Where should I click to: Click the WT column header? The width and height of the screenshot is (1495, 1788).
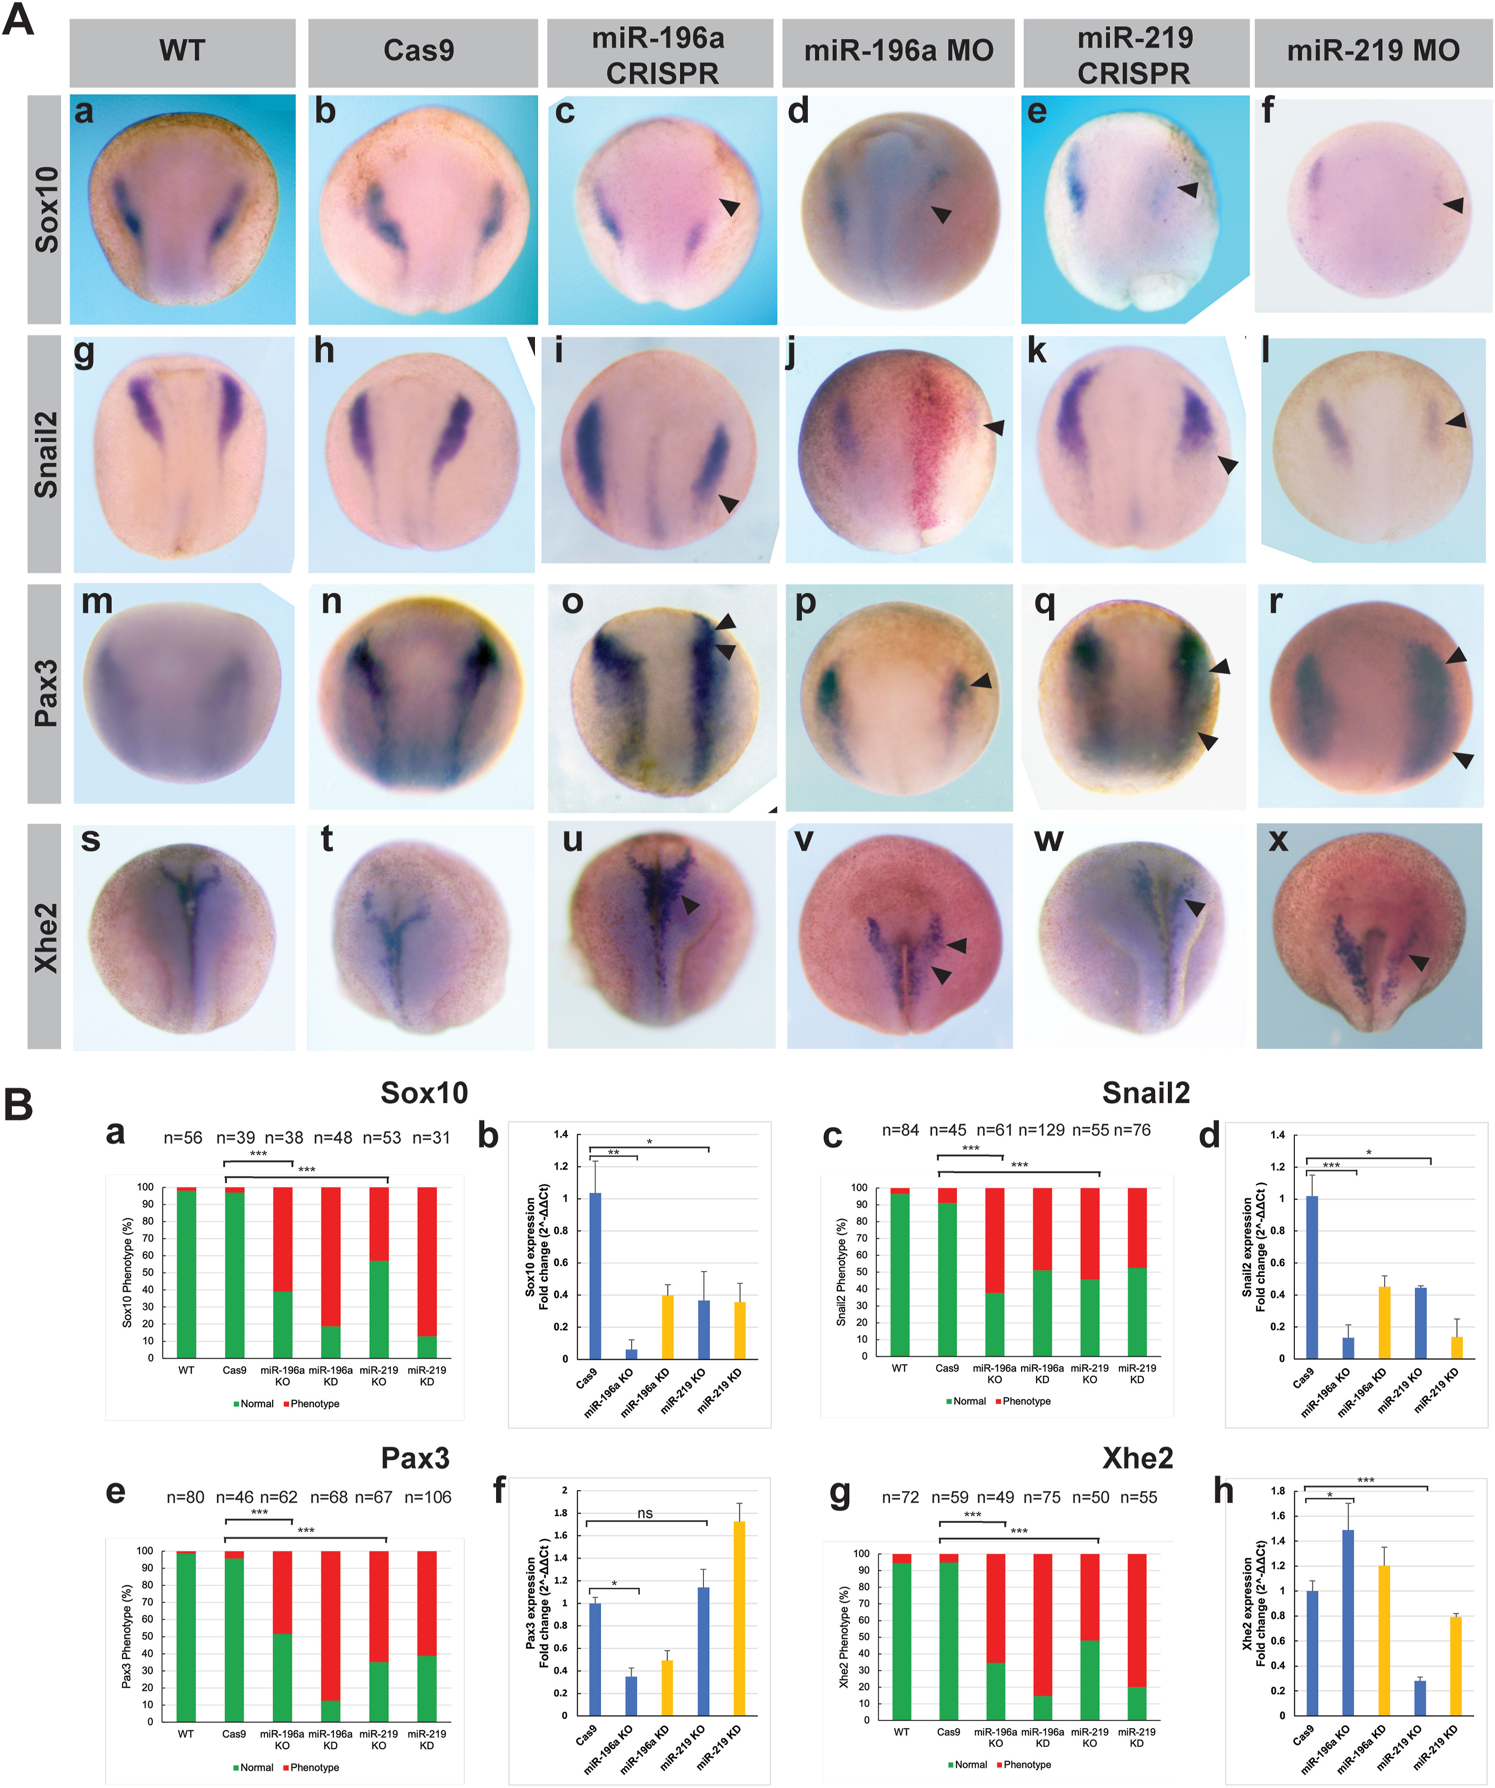point(182,51)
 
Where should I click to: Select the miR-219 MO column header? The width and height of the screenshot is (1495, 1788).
point(1372,51)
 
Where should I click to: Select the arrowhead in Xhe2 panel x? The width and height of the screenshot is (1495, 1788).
point(1418,962)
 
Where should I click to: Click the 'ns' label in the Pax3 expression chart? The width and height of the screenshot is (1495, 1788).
point(645,1513)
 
